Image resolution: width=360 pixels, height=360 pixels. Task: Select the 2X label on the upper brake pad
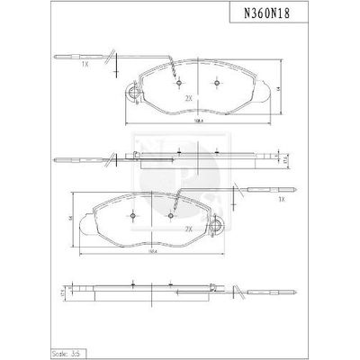pos(188,98)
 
